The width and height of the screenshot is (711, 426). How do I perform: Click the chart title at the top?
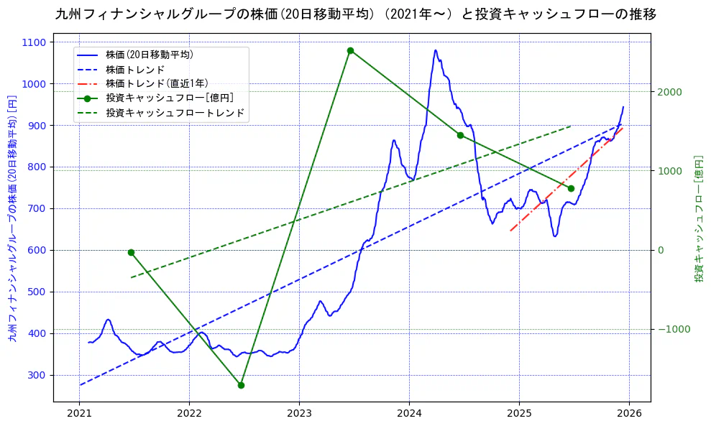tap(355, 14)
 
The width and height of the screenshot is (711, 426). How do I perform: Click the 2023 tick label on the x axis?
tap(299, 413)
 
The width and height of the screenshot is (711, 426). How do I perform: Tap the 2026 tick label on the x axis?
tap(629, 413)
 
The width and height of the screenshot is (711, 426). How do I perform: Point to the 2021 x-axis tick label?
tap(79, 413)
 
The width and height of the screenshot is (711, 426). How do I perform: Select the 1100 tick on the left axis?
tap(35, 42)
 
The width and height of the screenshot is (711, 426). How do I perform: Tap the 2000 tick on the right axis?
tap(669, 92)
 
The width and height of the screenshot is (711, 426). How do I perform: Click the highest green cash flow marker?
tap(350, 50)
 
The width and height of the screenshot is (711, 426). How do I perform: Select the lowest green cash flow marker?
tap(241, 385)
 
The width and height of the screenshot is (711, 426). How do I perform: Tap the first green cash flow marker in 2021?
tap(131, 252)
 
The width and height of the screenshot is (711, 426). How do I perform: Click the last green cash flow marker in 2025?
tap(571, 188)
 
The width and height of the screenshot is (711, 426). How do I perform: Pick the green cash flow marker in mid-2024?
tap(460, 135)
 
